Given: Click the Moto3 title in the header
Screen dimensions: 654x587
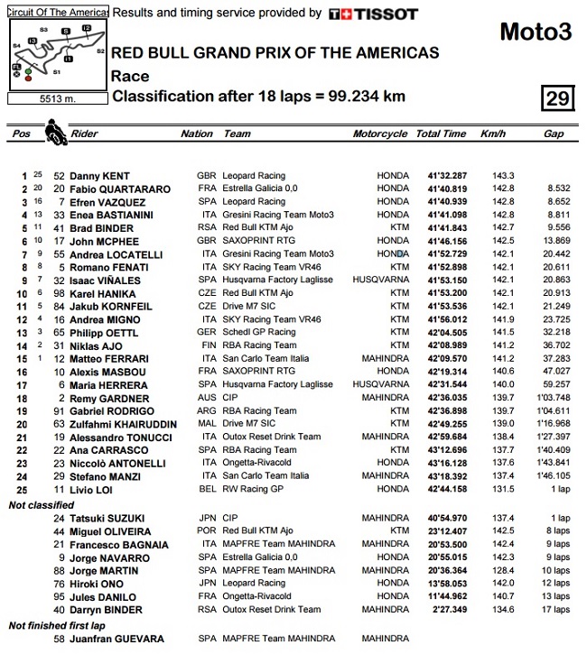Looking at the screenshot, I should (536, 32).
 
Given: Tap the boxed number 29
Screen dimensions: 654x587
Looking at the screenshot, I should (557, 97).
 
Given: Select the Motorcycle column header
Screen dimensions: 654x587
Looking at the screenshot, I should (379, 134).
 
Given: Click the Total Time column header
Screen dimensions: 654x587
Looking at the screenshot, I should (441, 134).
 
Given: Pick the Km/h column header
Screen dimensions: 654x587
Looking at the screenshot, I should (493, 134).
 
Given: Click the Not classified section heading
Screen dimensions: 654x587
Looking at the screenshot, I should (42, 505).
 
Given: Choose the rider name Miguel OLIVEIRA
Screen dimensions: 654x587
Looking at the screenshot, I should (107, 532).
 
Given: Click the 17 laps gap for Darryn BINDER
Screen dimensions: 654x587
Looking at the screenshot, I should (555, 610).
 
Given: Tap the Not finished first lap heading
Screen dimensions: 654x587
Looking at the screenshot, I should (58, 625).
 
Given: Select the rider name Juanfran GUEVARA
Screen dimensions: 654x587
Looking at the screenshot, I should (111, 639).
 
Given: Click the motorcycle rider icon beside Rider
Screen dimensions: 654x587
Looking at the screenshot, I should (56, 136).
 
